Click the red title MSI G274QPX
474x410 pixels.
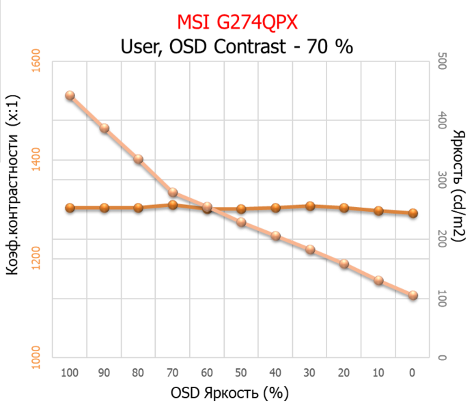click(237, 23)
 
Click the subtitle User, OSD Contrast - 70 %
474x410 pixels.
click(236, 47)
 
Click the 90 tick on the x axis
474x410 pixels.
click(104, 373)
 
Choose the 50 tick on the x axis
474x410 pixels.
click(240, 373)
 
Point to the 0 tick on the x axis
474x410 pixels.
click(412, 373)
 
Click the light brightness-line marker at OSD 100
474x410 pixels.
click(70, 96)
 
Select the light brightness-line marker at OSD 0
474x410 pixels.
click(413, 295)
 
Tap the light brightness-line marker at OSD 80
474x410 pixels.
click(138, 159)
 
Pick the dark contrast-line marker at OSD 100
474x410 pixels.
click(70, 208)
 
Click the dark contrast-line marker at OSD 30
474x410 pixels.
click(309, 206)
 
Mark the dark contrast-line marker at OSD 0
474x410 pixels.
click(413, 213)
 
